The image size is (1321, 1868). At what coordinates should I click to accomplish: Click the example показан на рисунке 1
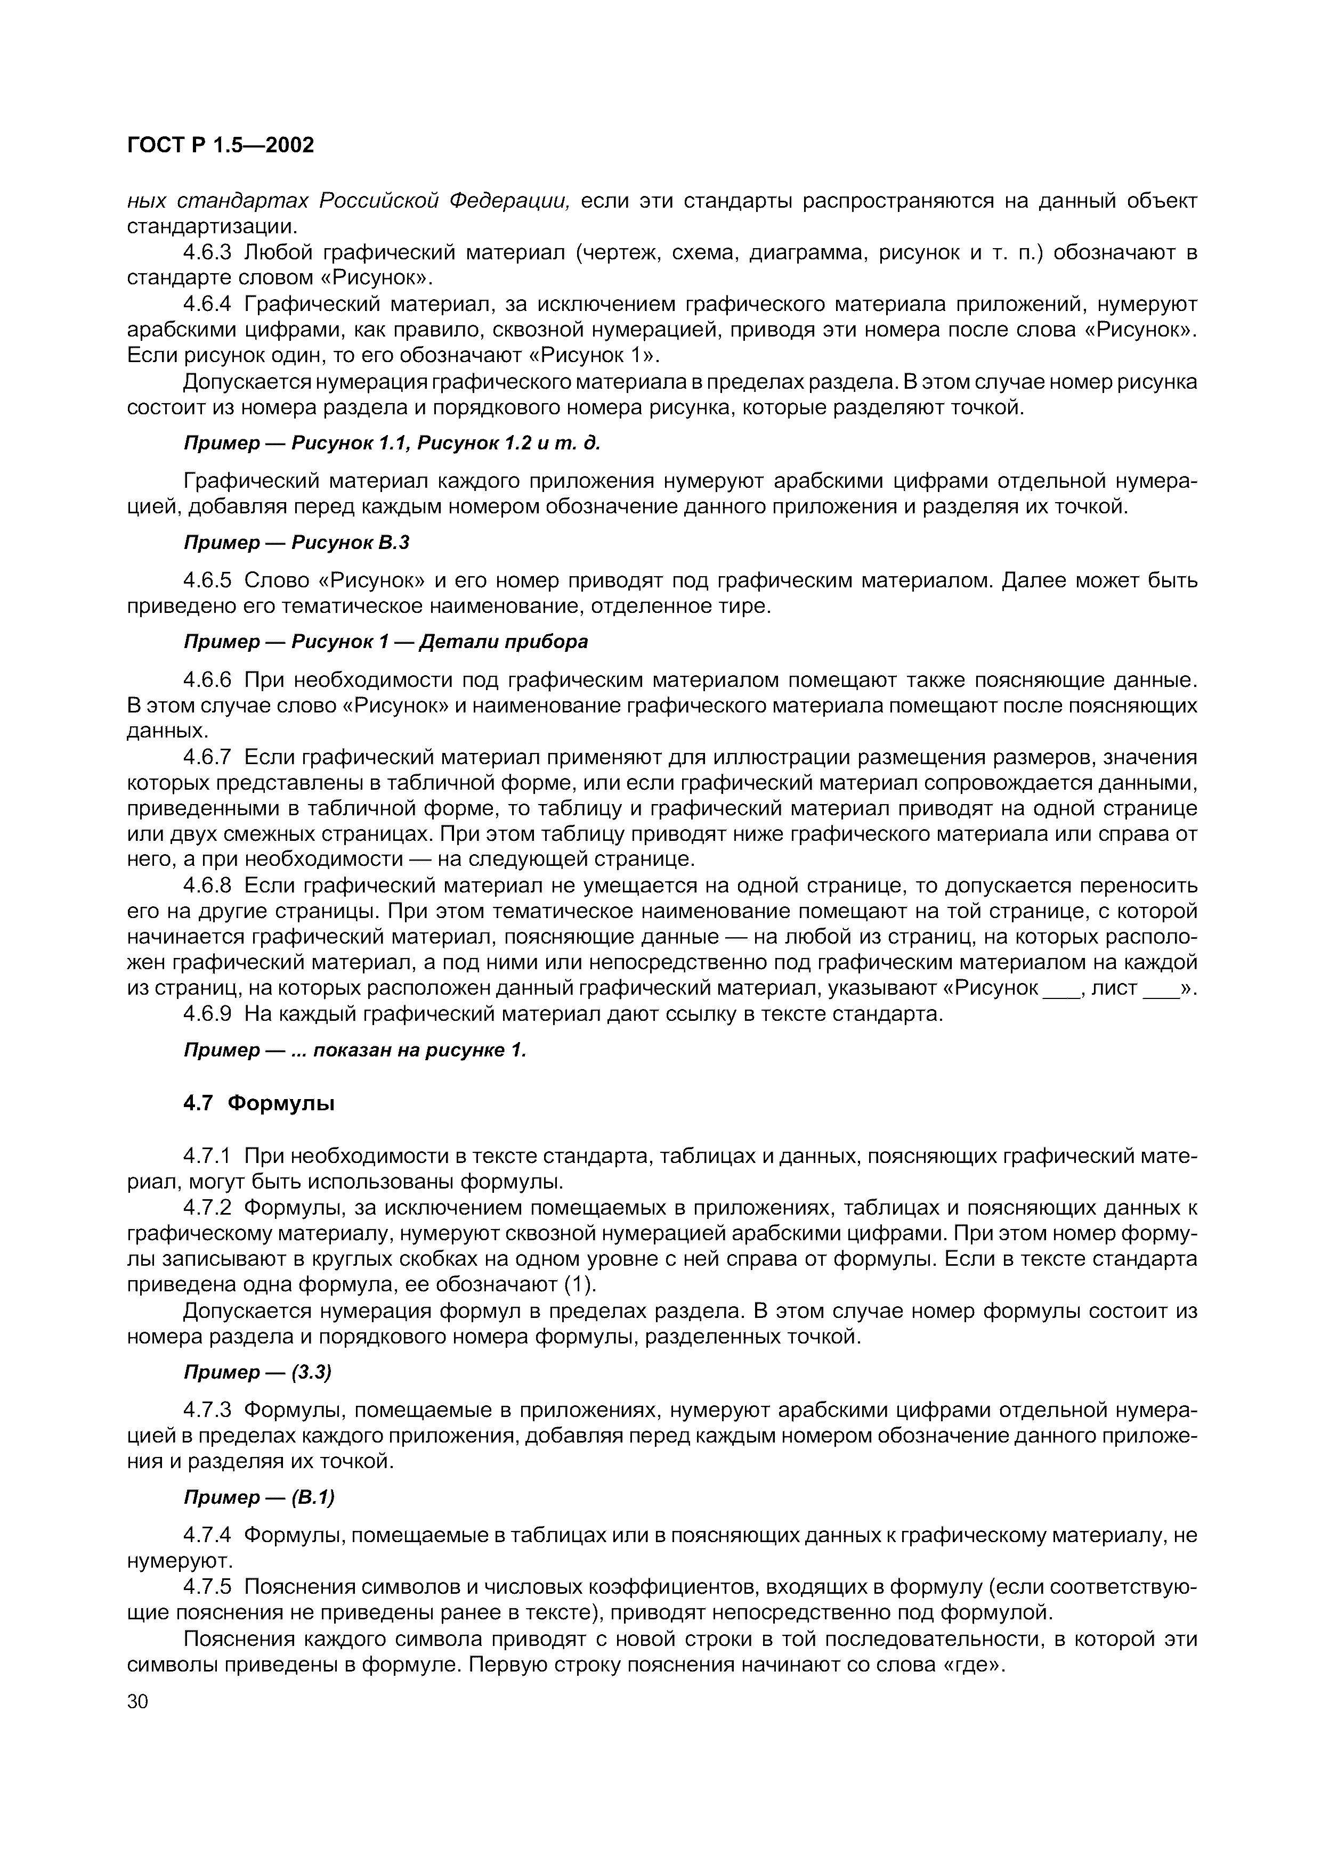(x=420, y=1050)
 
